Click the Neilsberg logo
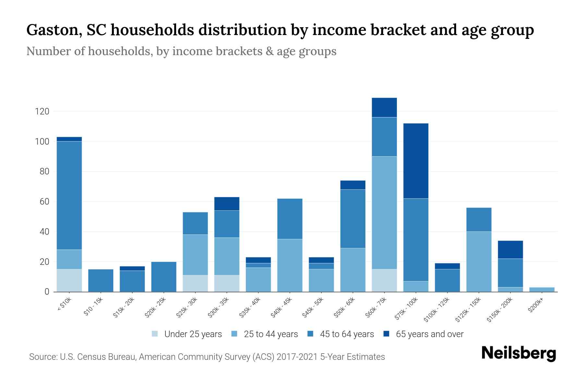click(518, 353)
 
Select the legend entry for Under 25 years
click(193, 334)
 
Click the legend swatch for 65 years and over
click(386, 334)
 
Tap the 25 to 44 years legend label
click(271, 334)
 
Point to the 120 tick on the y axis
click(42, 112)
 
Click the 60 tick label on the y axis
click(44, 202)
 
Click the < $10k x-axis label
click(64, 305)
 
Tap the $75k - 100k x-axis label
click(408, 310)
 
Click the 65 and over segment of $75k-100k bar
click(416, 161)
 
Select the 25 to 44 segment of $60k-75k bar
click(384, 213)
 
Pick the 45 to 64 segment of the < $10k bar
click(69, 195)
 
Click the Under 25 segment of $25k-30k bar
click(195, 284)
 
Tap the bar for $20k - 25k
click(164, 277)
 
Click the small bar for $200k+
click(541, 289)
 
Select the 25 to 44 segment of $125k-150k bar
click(479, 262)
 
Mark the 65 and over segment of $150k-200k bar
click(510, 250)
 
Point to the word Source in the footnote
click(42, 357)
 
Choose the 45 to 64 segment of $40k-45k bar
click(290, 219)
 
